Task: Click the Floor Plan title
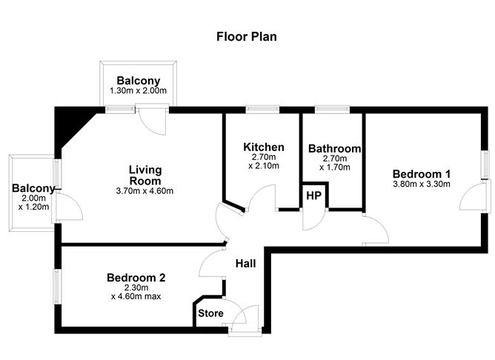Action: (x=247, y=36)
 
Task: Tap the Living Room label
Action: (x=144, y=175)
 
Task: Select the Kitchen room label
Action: (x=263, y=147)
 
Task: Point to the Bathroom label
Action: (x=334, y=148)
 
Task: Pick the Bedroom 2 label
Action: (x=136, y=278)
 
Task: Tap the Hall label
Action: (x=247, y=264)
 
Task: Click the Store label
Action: (x=210, y=313)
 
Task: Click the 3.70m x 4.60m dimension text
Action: (x=144, y=191)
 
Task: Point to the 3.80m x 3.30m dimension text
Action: (x=421, y=184)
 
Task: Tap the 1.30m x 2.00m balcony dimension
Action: (x=138, y=91)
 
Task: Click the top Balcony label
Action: (x=138, y=80)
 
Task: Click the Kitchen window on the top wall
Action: (x=262, y=110)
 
